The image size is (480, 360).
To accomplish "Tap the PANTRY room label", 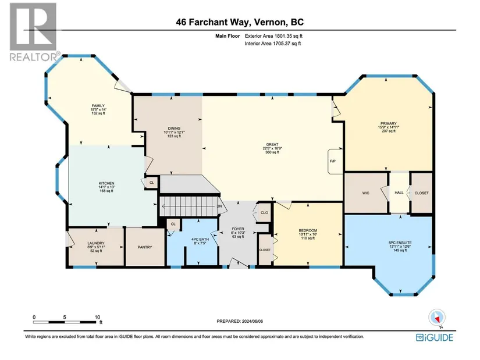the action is tap(145, 247).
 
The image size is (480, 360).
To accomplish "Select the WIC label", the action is tap(365, 193).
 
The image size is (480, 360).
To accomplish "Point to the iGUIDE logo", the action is tap(435, 337).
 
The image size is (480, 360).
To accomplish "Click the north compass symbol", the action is tap(437, 318).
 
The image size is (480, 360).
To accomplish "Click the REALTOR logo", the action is tap(34, 32).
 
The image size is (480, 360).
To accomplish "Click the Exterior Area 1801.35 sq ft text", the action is tap(273, 36).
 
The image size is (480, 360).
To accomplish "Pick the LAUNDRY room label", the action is tap(96, 243).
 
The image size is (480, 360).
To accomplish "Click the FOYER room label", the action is tap(238, 229).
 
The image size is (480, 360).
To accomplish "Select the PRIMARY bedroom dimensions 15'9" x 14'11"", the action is tap(389, 127).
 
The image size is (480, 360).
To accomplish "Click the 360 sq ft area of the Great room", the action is tap(272, 152).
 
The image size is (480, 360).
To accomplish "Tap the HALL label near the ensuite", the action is tap(399, 193).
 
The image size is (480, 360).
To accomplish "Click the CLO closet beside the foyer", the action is tap(264, 212).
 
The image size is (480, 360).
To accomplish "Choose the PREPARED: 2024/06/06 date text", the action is tap(240, 321).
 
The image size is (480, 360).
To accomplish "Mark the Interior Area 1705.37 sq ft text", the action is tap(273, 44).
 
